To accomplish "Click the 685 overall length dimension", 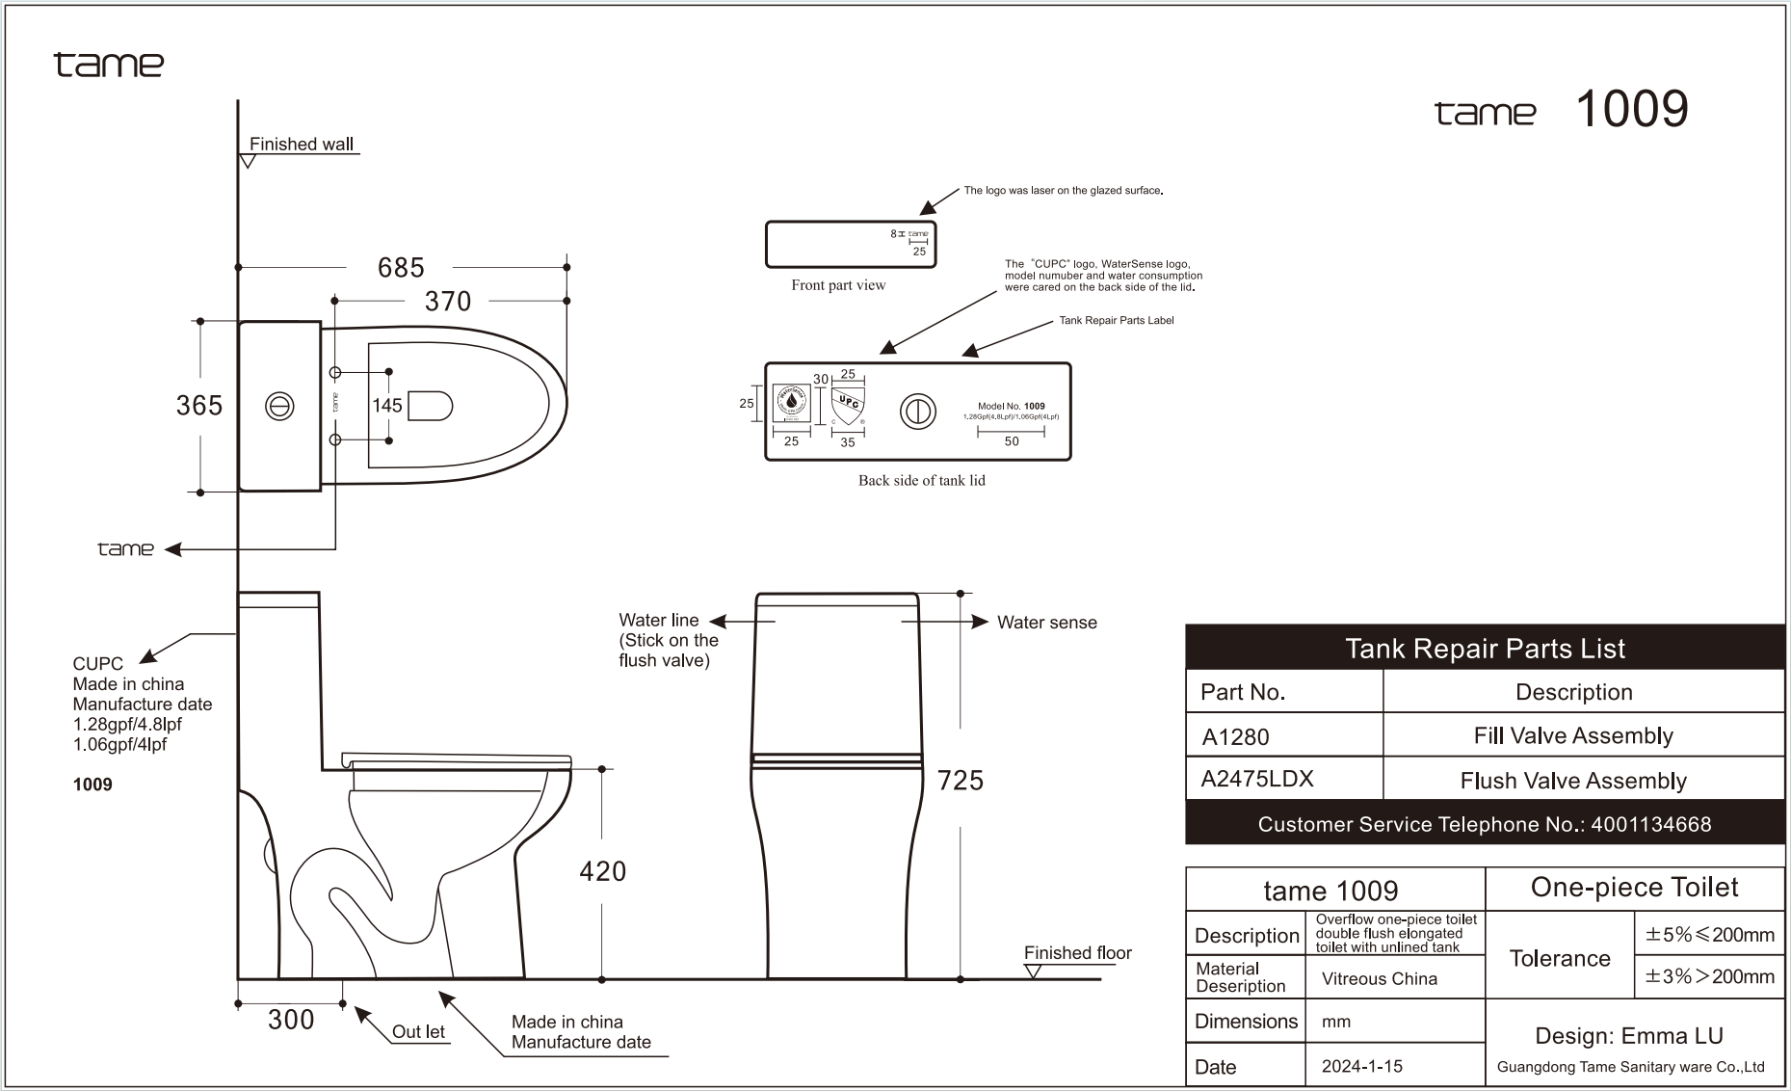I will pyautogui.click(x=401, y=267).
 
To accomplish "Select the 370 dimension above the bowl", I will pyautogui.click(x=448, y=302).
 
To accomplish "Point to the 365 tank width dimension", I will pyautogui.click(x=199, y=406).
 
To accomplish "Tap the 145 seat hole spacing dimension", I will pyautogui.click(x=387, y=406).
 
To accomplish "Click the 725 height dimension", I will pyautogui.click(x=961, y=780).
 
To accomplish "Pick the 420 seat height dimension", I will pyautogui.click(x=603, y=871).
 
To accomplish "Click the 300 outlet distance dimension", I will pyautogui.click(x=291, y=1020).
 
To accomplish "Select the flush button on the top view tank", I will pyautogui.click(x=279, y=407).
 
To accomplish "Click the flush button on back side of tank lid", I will pyautogui.click(x=917, y=412).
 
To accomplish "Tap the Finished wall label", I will pyautogui.click(x=301, y=145).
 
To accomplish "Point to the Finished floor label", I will pyautogui.click(x=1077, y=953).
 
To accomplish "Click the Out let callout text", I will pyautogui.click(x=418, y=1031).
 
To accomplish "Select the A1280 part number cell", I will pyautogui.click(x=1236, y=737).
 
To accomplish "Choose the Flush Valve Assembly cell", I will pyautogui.click(x=1573, y=781).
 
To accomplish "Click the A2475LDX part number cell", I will pyautogui.click(x=1257, y=779).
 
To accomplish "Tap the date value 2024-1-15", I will pyautogui.click(x=1362, y=1066).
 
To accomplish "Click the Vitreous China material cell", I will pyautogui.click(x=1380, y=979).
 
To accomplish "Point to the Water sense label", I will pyautogui.click(x=1046, y=623).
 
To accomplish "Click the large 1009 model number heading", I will pyautogui.click(x=1631, y=109).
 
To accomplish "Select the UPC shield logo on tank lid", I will pyautogui.click(x=848, y=406).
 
